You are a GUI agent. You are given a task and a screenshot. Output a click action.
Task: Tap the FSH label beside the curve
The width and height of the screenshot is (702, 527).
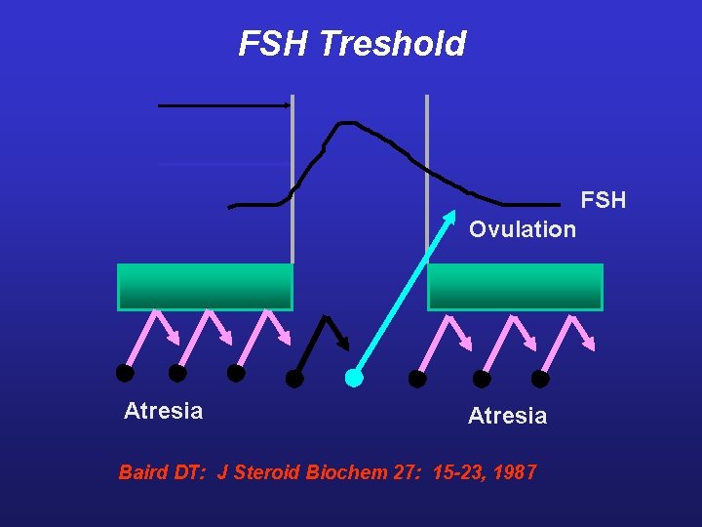click(603, 201)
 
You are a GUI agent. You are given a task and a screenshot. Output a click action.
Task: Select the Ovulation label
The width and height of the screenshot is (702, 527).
click(522, 229)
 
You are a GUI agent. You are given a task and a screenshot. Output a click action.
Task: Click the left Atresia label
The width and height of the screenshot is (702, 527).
click(164, 411)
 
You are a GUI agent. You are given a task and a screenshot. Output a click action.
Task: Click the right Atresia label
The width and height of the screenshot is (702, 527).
click(507, 417)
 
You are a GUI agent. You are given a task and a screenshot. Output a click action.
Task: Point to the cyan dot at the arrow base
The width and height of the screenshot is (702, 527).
click(354, 378)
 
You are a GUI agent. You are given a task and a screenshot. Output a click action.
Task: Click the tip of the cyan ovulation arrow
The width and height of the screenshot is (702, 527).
click(453, 214)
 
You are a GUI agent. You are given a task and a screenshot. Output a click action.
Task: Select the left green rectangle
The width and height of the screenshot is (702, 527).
click(205, 287)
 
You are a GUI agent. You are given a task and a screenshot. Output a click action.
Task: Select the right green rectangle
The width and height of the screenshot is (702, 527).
click(515, 287)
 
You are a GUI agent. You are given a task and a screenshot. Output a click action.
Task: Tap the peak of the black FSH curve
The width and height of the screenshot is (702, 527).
click(346, 123)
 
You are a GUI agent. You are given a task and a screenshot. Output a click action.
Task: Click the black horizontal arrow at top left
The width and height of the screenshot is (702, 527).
click(224, 104)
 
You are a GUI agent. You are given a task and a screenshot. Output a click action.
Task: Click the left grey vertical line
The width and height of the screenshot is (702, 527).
click(292, 176)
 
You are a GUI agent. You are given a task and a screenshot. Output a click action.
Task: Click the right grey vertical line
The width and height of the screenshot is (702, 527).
click(427, 156)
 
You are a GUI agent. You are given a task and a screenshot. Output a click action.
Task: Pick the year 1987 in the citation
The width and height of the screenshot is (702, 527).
click(515, 472)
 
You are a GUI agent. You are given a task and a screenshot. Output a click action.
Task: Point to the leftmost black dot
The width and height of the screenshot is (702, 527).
click(125, 372)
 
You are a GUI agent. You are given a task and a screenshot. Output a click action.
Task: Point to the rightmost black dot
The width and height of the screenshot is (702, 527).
click(540, 379)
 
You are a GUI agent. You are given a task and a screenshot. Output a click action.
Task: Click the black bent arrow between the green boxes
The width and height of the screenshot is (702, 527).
click(322, 342)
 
